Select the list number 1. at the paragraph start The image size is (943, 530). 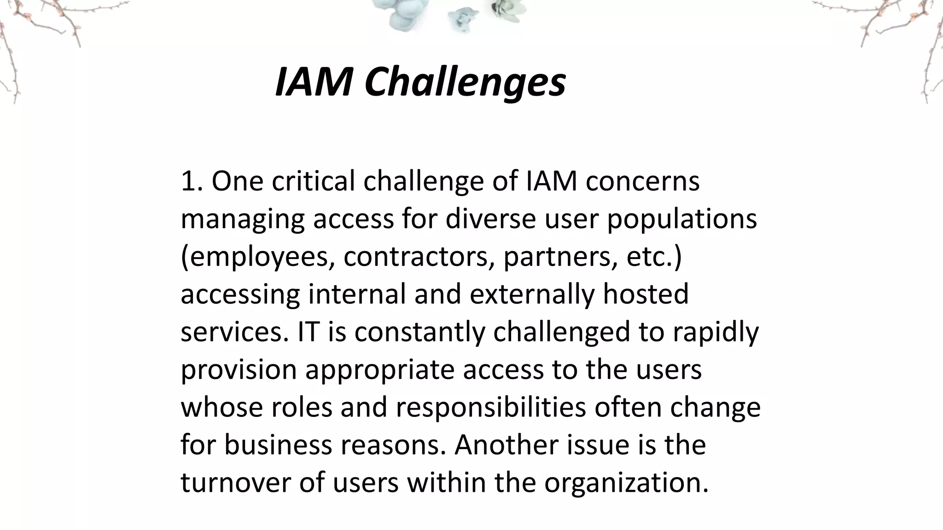click(x=192, y=181)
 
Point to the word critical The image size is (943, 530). click(x=313, y=181)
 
